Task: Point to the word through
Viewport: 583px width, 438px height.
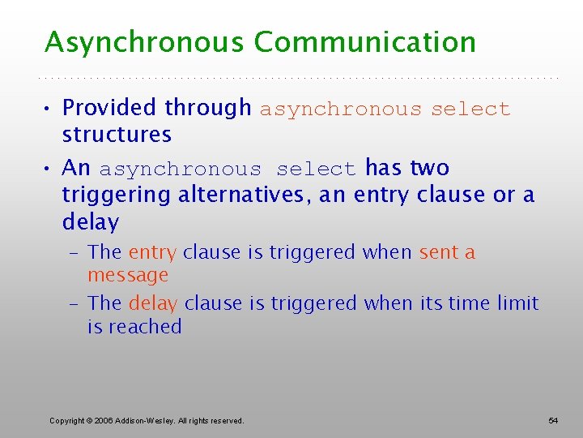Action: click(x=209, y=108)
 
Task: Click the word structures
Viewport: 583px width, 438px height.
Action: click(x=117, y=134)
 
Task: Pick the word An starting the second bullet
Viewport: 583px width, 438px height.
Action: click(x=76, y=168)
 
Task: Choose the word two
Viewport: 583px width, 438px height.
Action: click(x=429, y=168)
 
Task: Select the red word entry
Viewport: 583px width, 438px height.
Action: click(x=152, y=253)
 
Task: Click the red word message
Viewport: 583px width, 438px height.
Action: click(x=128, y=276)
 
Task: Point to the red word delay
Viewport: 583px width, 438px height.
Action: click(x=153, y=303)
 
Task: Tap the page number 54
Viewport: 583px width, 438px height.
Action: click(x=553, y=420)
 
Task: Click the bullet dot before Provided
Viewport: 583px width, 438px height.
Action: click(x=50, y=108)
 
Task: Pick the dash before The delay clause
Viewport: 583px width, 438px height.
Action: click(x=74, y=303)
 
